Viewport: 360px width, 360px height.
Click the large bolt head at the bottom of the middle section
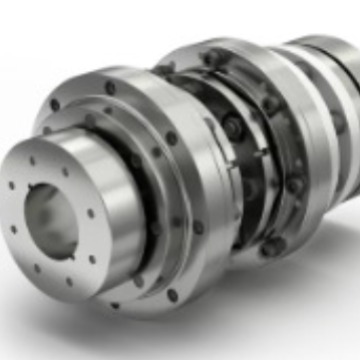pos(268,243)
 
